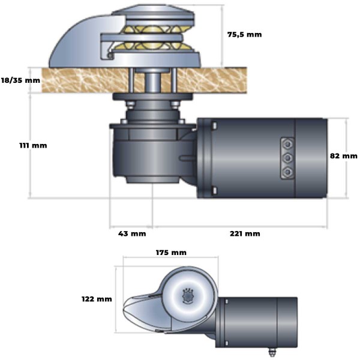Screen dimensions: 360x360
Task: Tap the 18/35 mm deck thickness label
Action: pos(20,79)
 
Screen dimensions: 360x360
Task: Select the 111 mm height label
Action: pos(32,145)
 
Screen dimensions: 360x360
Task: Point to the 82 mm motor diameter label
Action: pos(343,155)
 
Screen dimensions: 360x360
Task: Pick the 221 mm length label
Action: pos(245,233)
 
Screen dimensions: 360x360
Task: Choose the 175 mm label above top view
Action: pos(171,252)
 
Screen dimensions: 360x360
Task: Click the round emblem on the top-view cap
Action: pos(187,295)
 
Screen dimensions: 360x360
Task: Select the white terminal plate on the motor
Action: pos(288,157)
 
